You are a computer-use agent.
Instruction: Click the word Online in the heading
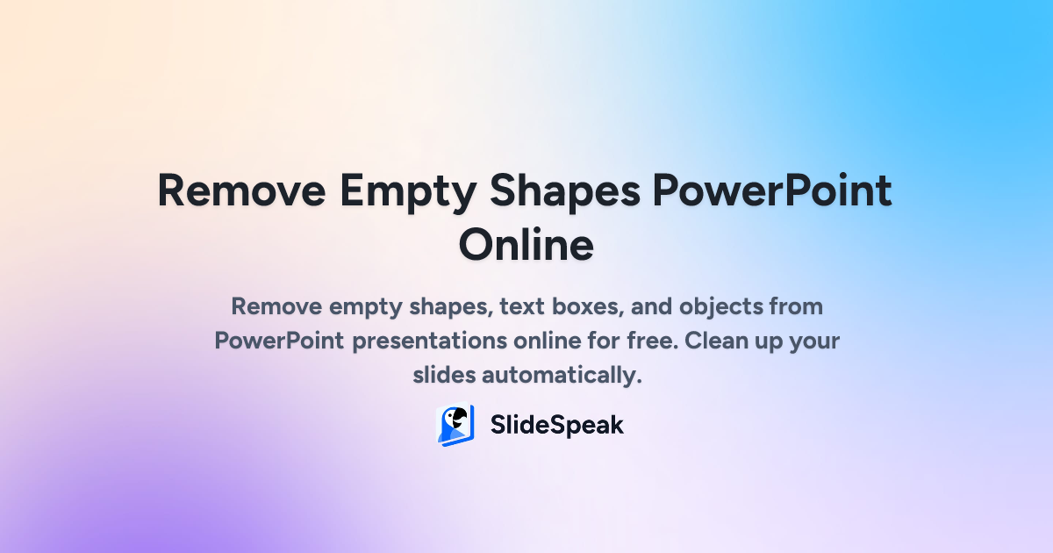click(526, 245)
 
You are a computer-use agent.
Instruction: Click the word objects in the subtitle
click(706, 307)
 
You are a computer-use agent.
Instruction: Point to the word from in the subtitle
click(794, 307)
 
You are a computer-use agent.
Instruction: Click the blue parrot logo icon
click(455, 426)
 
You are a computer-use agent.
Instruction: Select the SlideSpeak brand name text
click(556, 426)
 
